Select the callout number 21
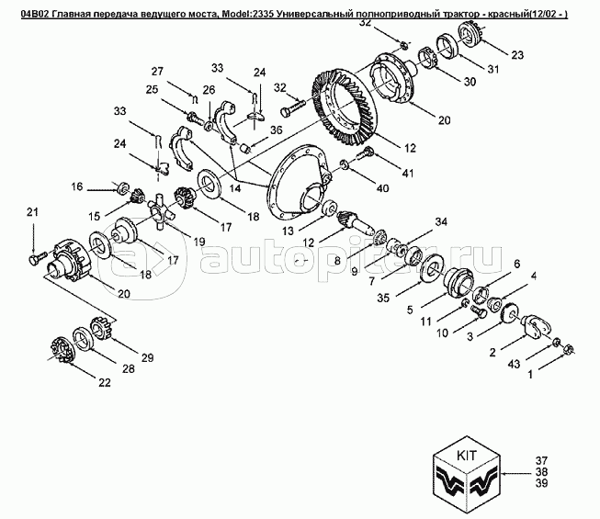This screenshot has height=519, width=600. pyautogui.click(x=33, y=213)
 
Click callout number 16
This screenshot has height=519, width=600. pyautogui.click(x=76, y=186)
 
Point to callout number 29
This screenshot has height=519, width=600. pyautogui.click(x=146, y=356)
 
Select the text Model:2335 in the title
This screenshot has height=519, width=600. pyautogui.click(x=248, y=9)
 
